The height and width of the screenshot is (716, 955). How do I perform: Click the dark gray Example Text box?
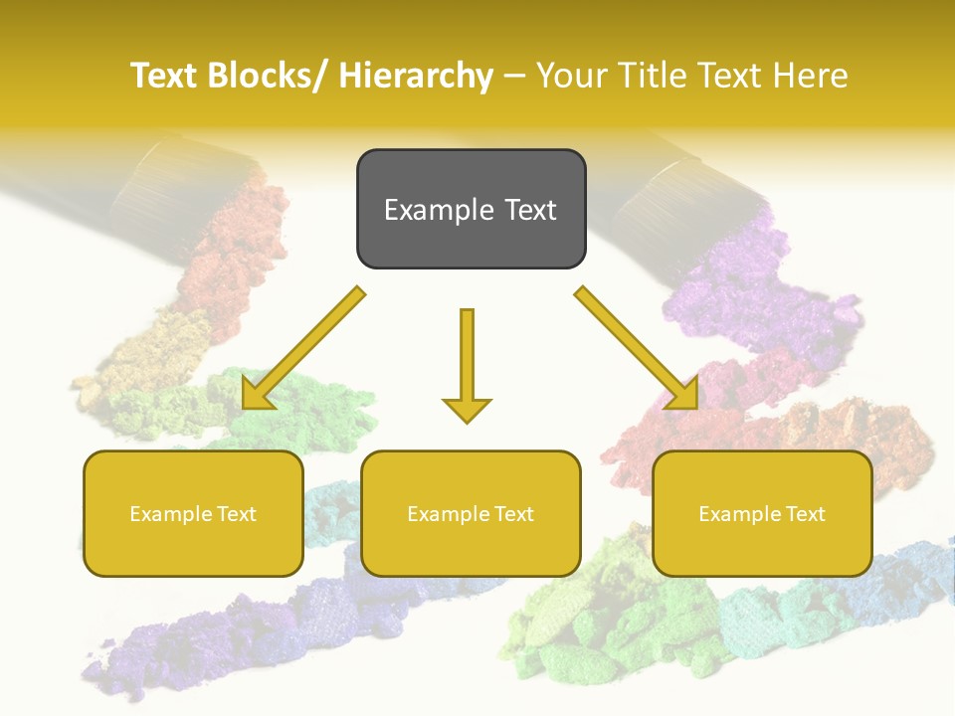pos(471,209)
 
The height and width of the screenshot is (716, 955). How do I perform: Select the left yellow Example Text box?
pos(193,513)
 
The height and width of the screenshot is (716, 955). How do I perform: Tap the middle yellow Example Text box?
pos(471,513)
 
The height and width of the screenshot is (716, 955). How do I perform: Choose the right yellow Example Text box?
pos(762,513)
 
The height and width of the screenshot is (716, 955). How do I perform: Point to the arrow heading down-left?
pos(302,348)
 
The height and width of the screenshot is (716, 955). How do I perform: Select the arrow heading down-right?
pos(637,348)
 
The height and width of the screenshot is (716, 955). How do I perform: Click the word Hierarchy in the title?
pos(416,77)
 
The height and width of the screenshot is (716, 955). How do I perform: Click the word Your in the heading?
pos(570,77)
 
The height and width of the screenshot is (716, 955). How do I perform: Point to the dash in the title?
pos(514,77)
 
